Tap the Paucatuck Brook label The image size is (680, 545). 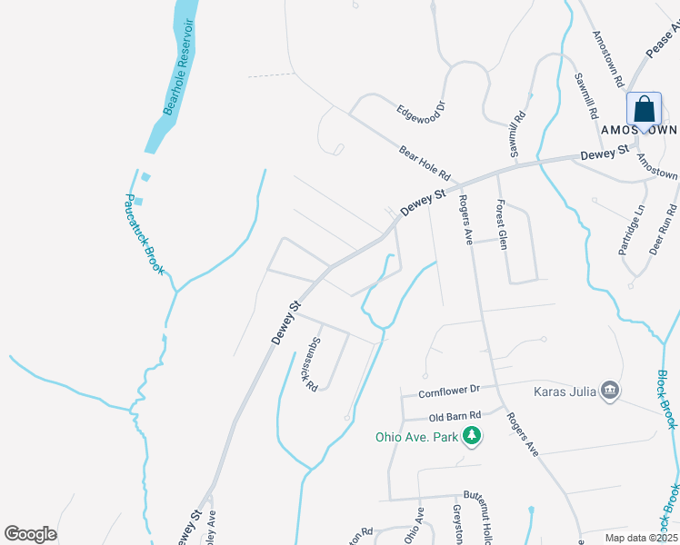[145, 233]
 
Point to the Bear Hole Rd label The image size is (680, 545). [425, 162]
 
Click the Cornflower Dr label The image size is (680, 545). [448, 392]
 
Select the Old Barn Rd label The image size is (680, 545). [454, 418]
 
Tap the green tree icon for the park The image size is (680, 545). [472, 437]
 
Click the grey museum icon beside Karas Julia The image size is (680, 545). [610, 391]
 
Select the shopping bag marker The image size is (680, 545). [644, 111]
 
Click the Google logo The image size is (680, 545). [30, 534]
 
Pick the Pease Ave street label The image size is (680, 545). [663, 43]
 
